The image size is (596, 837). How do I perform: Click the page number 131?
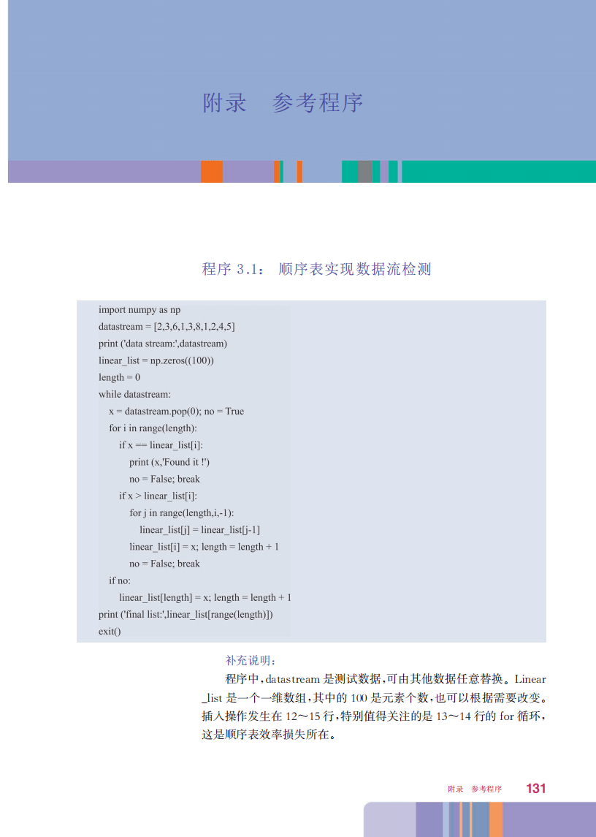[x=535, y=789]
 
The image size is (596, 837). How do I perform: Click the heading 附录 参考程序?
[x=283, y=103]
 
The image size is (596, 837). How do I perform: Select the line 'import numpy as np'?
[x=140, y=310]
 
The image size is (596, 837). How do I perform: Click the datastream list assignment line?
[x=167, y=327]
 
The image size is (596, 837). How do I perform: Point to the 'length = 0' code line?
[x=119, y=377]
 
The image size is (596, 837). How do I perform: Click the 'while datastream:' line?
[x=134, y=394]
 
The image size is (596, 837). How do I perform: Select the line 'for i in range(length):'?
[x=153, y=428]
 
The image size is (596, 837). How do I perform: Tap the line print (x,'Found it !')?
[x=169, y=462]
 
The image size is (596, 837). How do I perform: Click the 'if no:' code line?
[x=120, y=580]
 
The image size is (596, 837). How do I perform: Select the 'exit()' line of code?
[x=110, y=631]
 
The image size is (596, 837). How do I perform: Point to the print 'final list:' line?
[x=186, y=614]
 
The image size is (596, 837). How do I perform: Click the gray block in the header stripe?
[x=365, y=172]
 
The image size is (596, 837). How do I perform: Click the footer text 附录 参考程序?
[x=475, y=789]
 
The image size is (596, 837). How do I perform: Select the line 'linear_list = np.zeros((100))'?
[x=156, y=360]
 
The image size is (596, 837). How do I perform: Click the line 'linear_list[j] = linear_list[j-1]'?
[x=199, y=530]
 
